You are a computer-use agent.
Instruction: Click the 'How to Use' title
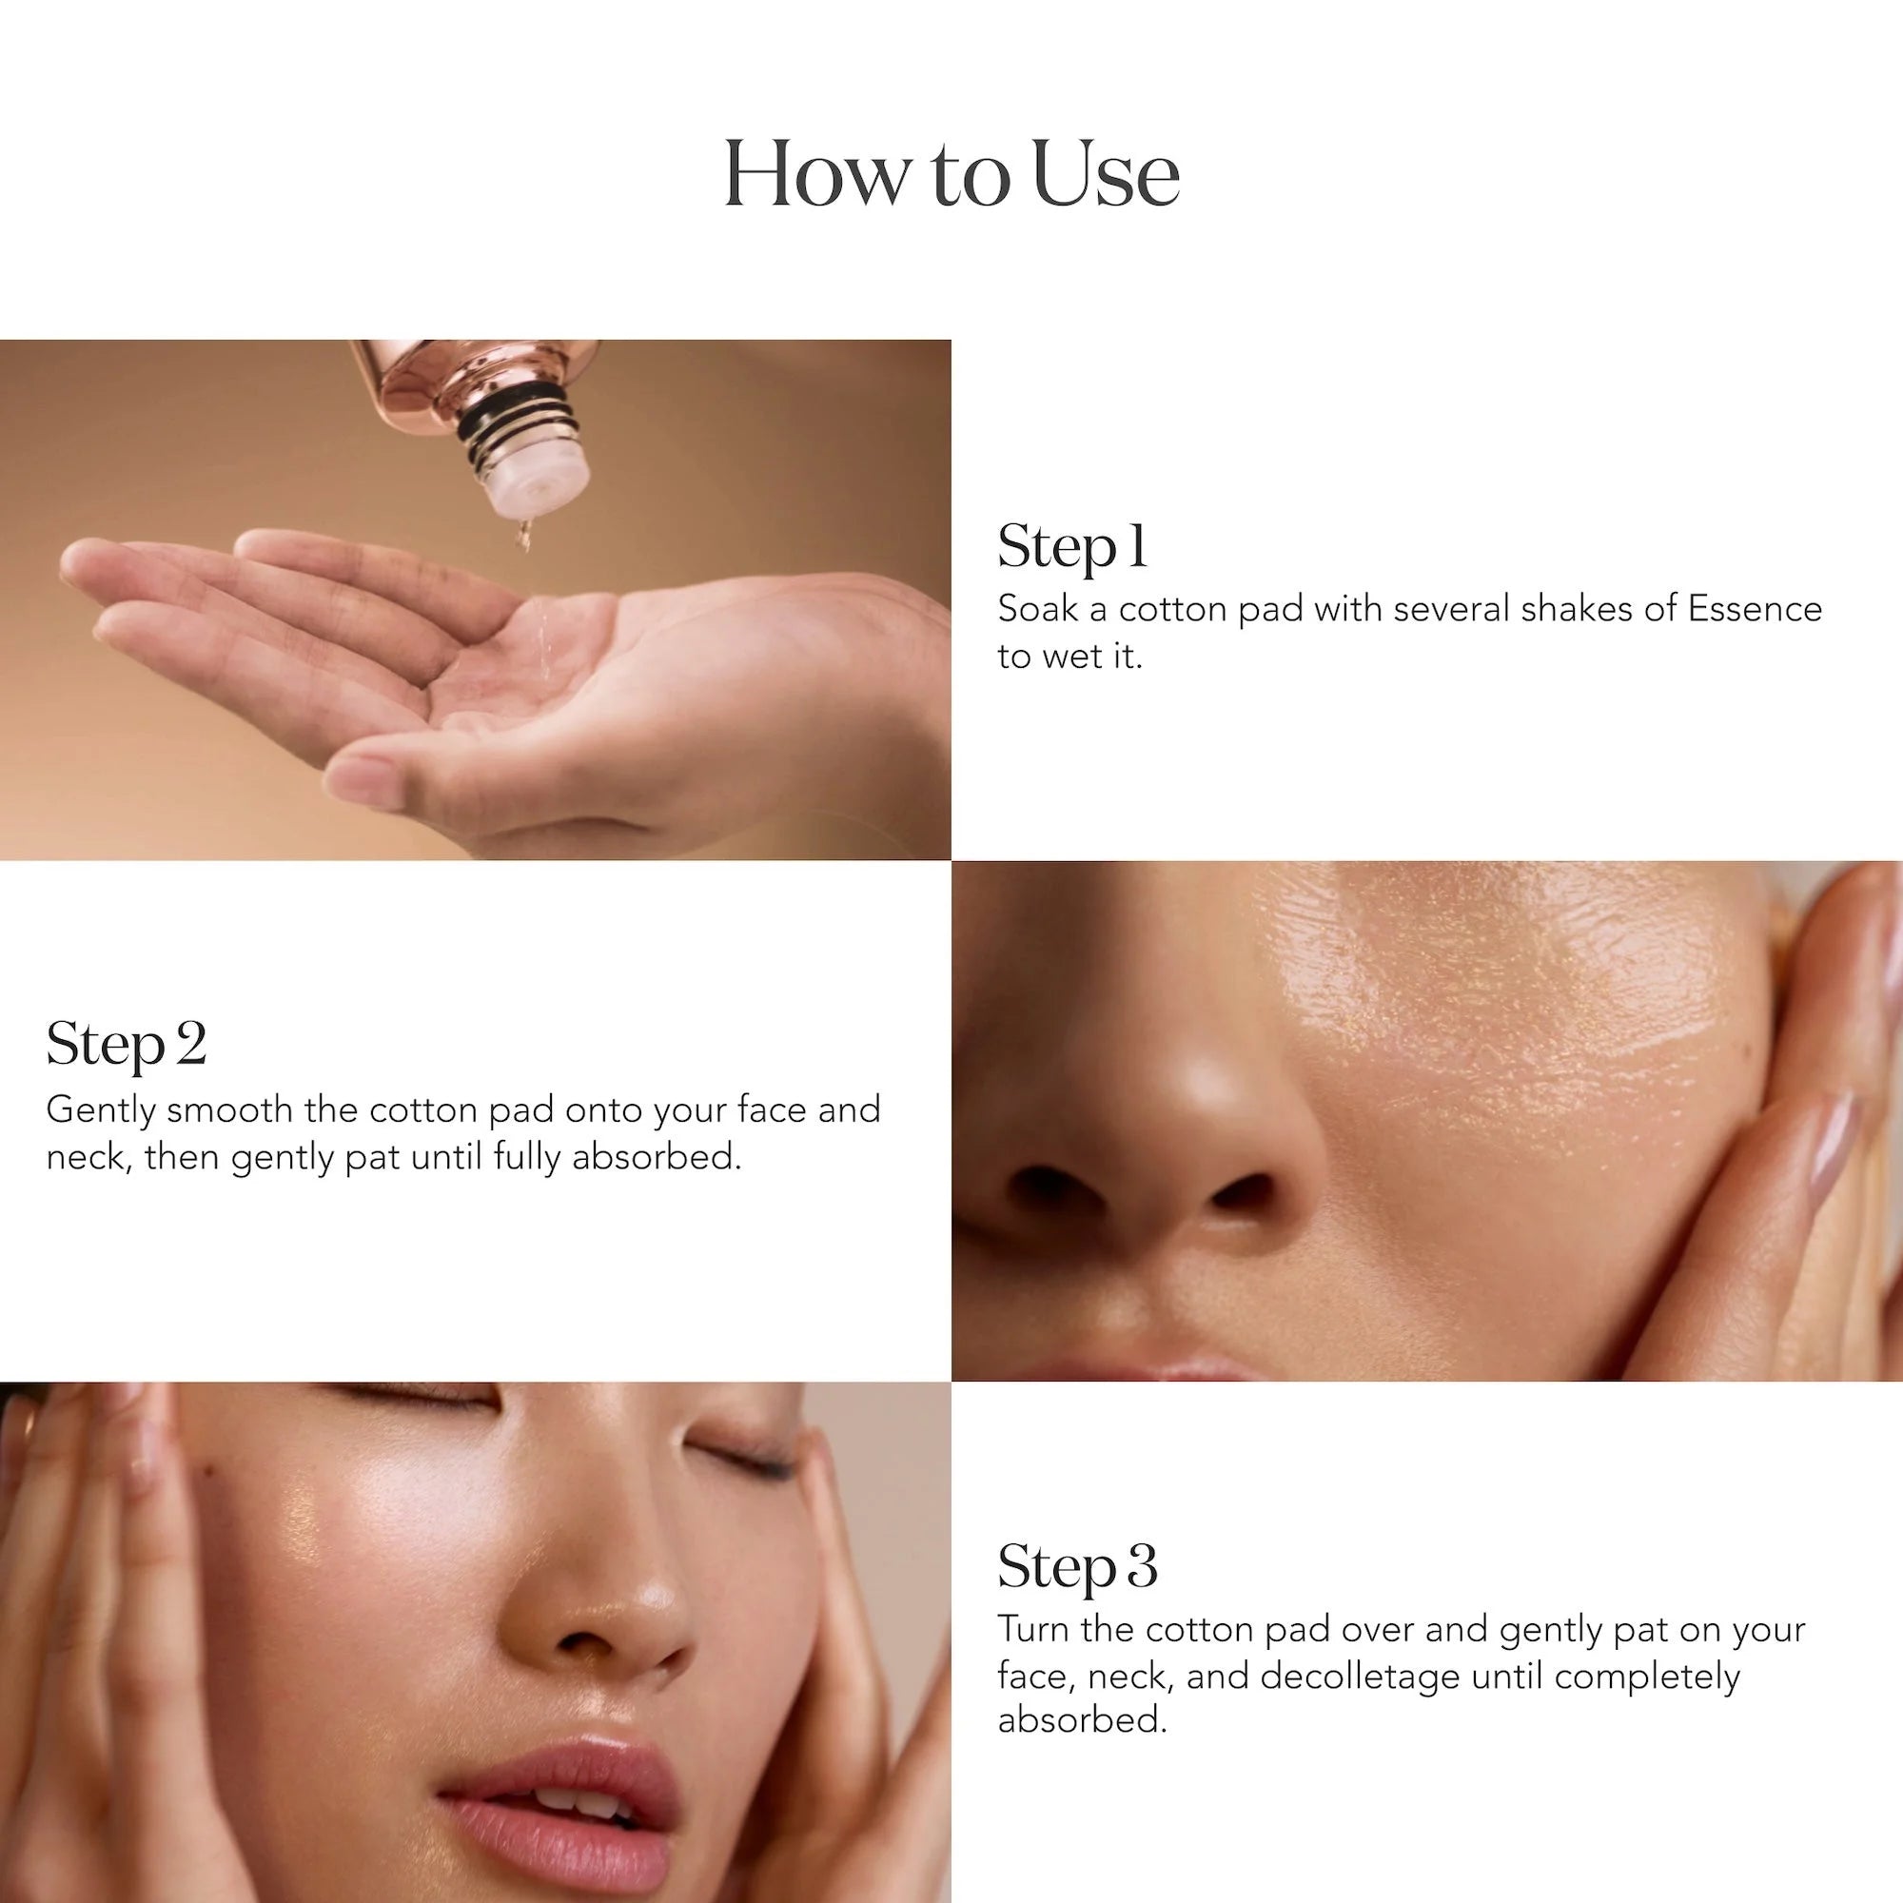click(951, 174)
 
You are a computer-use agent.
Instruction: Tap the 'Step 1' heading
click(1072, 548)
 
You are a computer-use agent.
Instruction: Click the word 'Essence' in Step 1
click(1756, 609)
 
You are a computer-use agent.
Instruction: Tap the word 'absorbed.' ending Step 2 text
click(656, 1156)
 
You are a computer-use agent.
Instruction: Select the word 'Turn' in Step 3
click(1033, 1629)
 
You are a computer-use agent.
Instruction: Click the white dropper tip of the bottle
click(539, 485)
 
